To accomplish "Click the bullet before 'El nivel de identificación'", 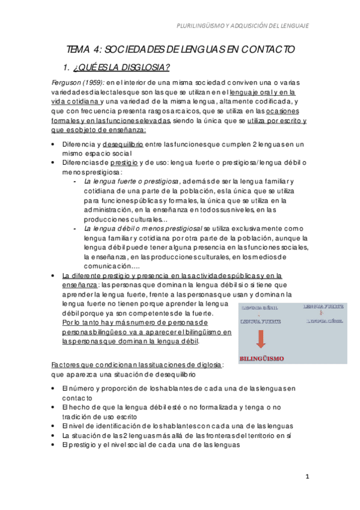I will point(55,425).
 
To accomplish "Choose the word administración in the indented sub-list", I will point(110,209).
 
